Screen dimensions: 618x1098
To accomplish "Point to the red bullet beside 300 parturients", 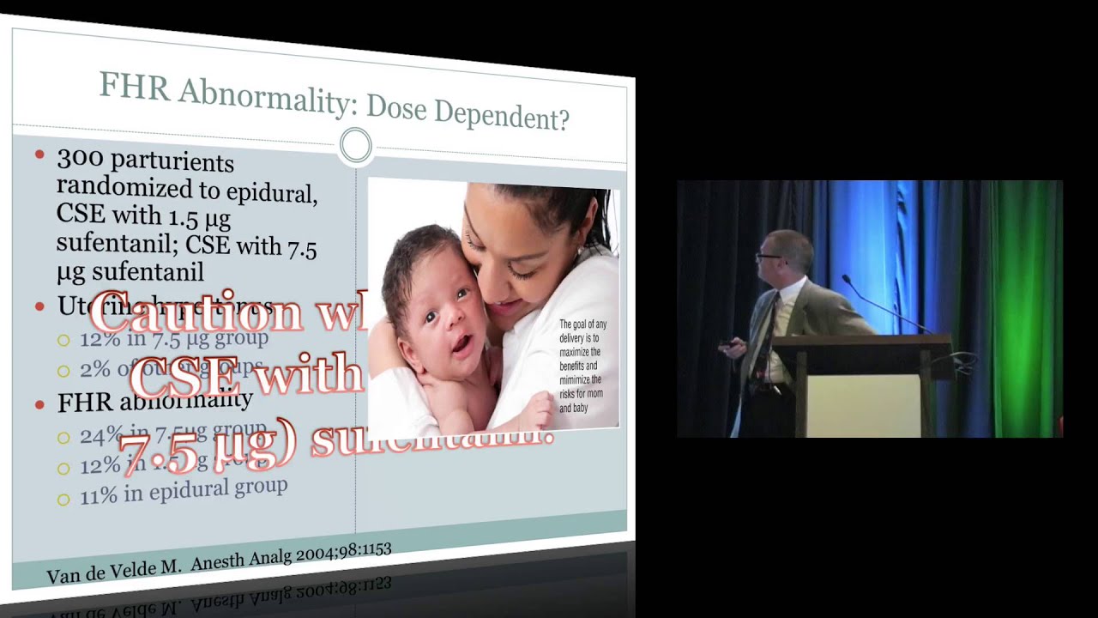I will [39, 155].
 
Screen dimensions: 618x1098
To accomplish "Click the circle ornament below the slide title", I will [355, 145].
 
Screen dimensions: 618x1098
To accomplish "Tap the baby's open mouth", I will [461, 345].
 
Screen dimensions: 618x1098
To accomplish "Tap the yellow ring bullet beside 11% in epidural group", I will [63, 499].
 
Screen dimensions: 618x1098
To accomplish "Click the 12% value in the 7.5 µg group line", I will [100, 339].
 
